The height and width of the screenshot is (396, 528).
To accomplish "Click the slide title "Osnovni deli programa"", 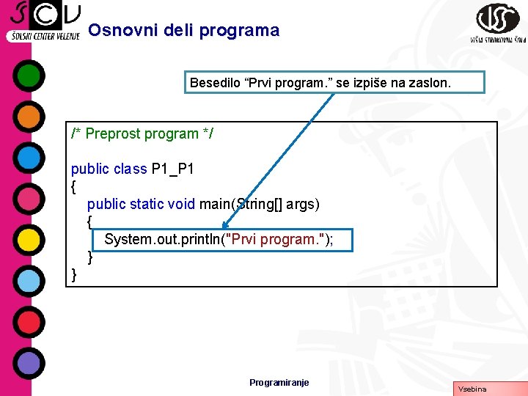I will click(183, 31).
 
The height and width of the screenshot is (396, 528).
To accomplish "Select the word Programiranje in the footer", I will click(279, 382).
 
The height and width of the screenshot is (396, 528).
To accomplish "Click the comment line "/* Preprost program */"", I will click(142, 133).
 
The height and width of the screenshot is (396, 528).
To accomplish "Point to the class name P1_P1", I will click(172, 169).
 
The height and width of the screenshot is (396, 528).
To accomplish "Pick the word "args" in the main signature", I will click(302, 204).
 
